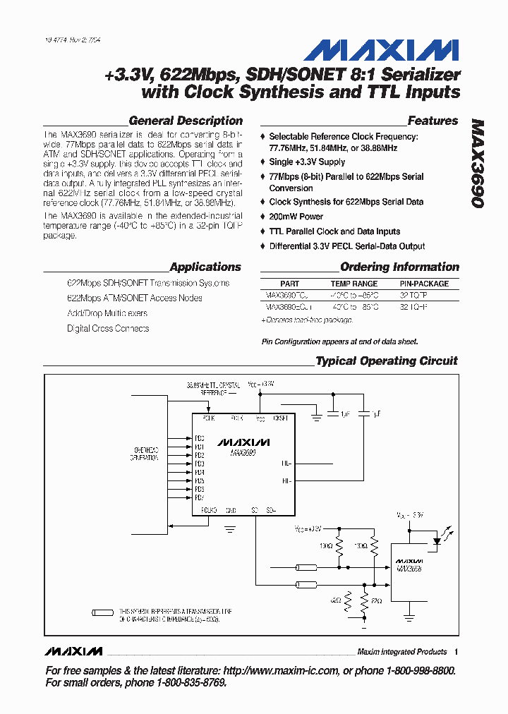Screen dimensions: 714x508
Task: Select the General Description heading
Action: [186, 121]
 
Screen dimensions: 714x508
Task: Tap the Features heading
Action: [433, 121]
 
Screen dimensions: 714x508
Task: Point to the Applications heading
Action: [205, 267]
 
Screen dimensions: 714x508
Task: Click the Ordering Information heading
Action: [399, 267]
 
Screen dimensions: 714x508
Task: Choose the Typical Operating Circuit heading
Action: [386, 361]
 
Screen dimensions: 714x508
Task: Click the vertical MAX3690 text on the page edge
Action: [477, 163]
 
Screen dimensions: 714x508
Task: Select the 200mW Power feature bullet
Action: [296, 217]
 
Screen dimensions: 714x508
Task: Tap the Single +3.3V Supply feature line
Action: [307, 162]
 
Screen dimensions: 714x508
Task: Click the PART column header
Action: [289, 284]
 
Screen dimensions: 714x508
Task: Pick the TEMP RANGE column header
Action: [354, 284]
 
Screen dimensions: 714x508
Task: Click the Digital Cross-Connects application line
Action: [108, 329]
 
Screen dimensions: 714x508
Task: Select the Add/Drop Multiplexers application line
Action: [107, 313]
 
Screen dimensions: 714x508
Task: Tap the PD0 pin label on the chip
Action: [200, 438]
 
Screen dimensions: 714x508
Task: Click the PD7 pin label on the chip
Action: [200, 497]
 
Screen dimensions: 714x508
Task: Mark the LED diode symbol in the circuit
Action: [437, 542]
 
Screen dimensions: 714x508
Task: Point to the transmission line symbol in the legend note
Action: [103, 612]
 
